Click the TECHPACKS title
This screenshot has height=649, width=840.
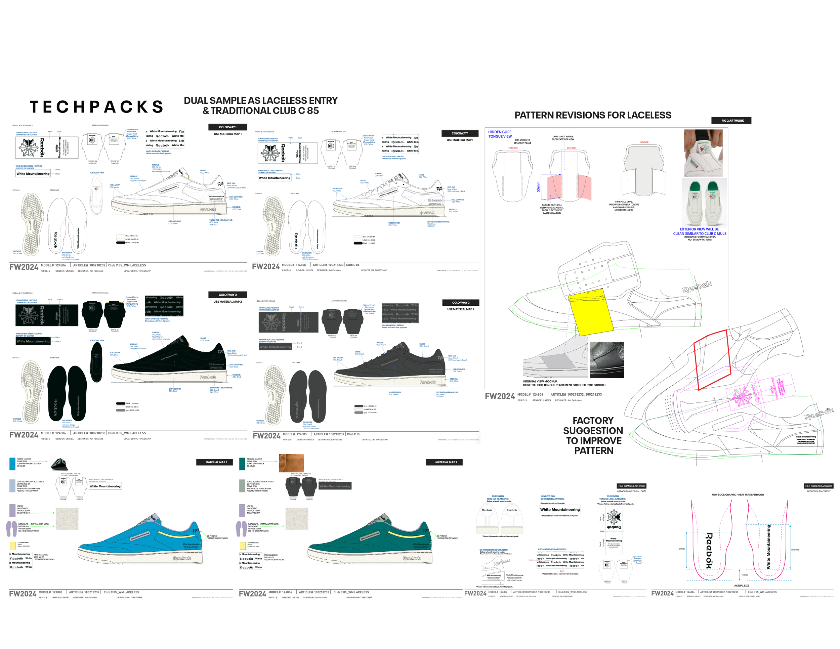pos(96,107)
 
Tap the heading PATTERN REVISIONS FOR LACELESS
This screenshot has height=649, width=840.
pos(593,115)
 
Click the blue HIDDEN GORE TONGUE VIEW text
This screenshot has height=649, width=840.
pos(500,134)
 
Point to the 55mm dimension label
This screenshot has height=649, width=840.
pos(538,187)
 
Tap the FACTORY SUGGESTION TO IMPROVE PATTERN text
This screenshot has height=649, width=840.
pos(593,435)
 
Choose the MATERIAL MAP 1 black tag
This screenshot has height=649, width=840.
pos(214,462)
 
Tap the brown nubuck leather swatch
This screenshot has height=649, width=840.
pos(291,463)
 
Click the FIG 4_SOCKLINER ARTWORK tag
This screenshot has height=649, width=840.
pos(819,486)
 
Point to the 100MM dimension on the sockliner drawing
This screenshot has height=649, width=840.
pos(795,550)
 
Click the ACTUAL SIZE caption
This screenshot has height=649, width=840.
pos(741,586)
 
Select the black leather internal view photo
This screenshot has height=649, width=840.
pos(606,360)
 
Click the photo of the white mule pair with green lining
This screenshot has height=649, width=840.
pos(704,202)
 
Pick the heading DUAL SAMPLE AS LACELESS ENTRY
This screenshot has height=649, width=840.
pos(260,101)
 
